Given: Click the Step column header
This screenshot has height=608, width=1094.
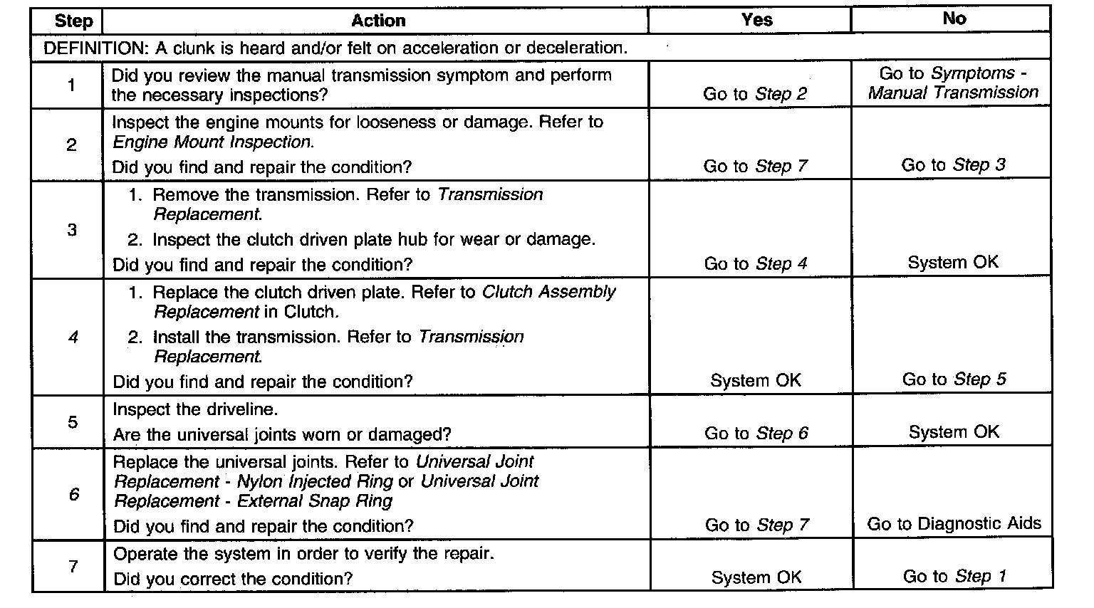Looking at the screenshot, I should pyautogui.click(x=73, y=21).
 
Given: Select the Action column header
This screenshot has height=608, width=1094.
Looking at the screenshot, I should pyautogui.click(x=378, y=21).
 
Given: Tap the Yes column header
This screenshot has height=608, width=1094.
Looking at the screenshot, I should pyautogui.click(x=756, y=19).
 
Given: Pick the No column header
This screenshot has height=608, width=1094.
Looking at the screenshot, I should pyautogui.click(x=954, y=19).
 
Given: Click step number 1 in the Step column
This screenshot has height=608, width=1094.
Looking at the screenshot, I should pyautogui.click(x=71, y=85).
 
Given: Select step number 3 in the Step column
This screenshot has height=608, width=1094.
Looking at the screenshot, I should pyautogui.click(x=72, y=230).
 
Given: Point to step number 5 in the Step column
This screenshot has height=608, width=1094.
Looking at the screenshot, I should pyautogui.click(x=73, y=422).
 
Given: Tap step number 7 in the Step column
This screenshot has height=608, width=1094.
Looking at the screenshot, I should pyautogui.click(x=73, y=567).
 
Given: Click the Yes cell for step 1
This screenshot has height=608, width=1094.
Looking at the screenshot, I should pyautogui.click(x=755, y=94).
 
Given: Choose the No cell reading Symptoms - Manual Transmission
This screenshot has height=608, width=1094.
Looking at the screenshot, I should pyautogui.click(x=953, y=83).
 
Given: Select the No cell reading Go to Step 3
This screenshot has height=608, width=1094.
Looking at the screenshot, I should pyautogui.click(x=953, y=165).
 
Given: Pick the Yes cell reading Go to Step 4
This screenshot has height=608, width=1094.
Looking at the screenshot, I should pyautogui.click(x=756, y=263).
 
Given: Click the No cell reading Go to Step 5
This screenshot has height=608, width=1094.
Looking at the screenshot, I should pyautogui.click(x=954, y=379).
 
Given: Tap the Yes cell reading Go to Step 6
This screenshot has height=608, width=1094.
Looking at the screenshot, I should pyautogui.click(x=756, y=434).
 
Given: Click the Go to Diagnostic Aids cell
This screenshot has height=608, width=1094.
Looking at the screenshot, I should pyautogui.click(x=954, y=525).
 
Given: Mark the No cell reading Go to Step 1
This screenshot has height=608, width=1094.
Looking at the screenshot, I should pyautogui.click(x=954, y=577).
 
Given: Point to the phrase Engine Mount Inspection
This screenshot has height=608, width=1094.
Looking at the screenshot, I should pyautogui.click(x=212, y=142).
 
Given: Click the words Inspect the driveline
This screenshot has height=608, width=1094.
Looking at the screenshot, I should pyautogui.click(x=195, y=409).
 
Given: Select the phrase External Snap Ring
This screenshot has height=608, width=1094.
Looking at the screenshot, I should pyautogui.click(x=315, y=501).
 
